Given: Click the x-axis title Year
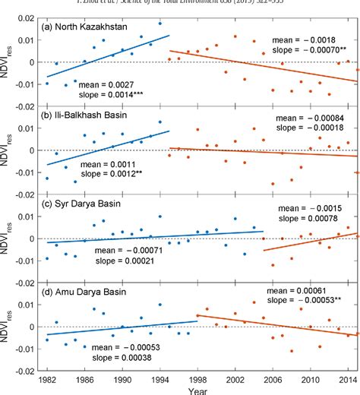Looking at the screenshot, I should point(199,390).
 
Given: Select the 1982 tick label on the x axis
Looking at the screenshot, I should point(47,378).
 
